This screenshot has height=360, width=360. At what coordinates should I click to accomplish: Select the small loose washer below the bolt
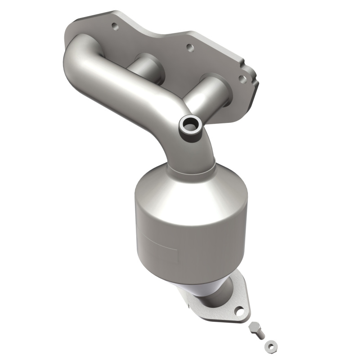(x=269, y=346)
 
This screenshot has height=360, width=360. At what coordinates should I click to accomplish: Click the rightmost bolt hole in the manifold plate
(x=243, y=79)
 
